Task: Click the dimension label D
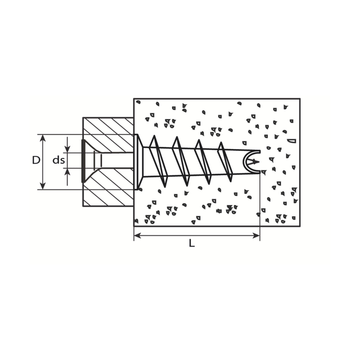pos(36,160)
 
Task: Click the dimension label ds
pos(59,160)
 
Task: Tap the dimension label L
pos(192,243)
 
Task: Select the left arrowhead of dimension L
pos(138,235)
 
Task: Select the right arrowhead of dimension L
pos(256,235)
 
